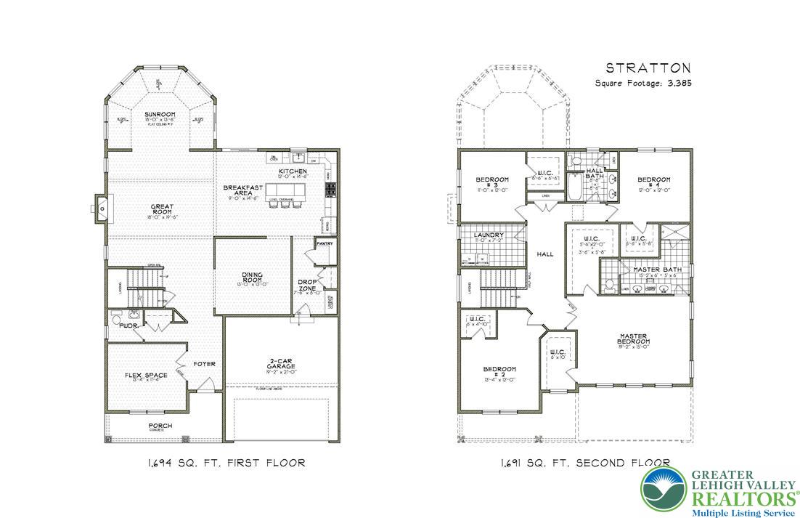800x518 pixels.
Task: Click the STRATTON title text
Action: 648,68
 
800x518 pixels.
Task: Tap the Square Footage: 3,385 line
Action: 643,84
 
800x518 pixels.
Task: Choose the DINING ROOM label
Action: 253,278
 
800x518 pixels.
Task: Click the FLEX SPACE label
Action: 146,376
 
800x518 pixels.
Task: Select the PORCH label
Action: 160,426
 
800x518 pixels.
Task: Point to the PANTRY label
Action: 324,243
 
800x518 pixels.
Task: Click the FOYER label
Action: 204,363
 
